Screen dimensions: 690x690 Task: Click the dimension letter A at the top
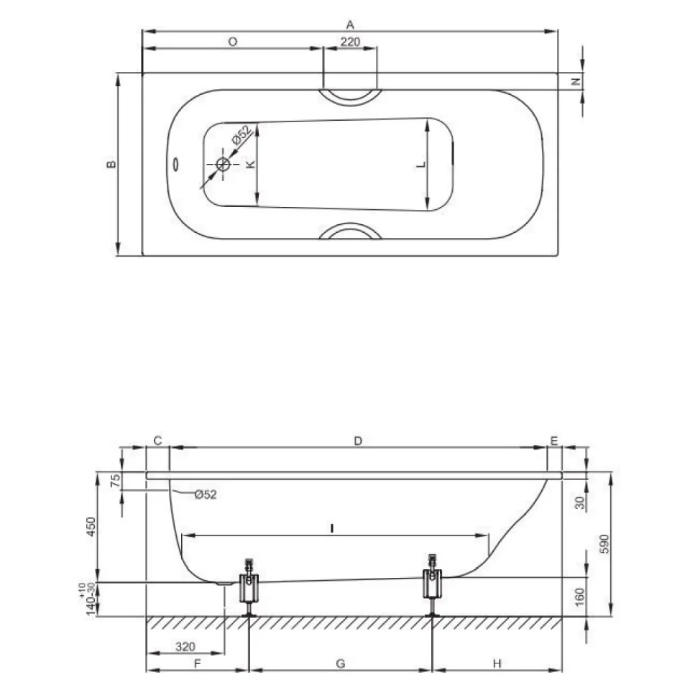[350, 24]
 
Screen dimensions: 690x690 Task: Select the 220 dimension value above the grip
[350, 42]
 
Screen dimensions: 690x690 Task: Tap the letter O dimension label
[233, 42]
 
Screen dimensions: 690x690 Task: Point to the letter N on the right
[576, 81]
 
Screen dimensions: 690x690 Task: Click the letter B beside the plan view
[112, 164]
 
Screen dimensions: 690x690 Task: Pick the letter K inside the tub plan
[250, 164]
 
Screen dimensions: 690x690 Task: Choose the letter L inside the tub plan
[422, 164]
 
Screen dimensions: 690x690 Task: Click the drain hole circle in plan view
[224, 165]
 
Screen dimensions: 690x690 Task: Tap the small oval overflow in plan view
[175, 165]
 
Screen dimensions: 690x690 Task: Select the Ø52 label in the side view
[206, 494]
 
